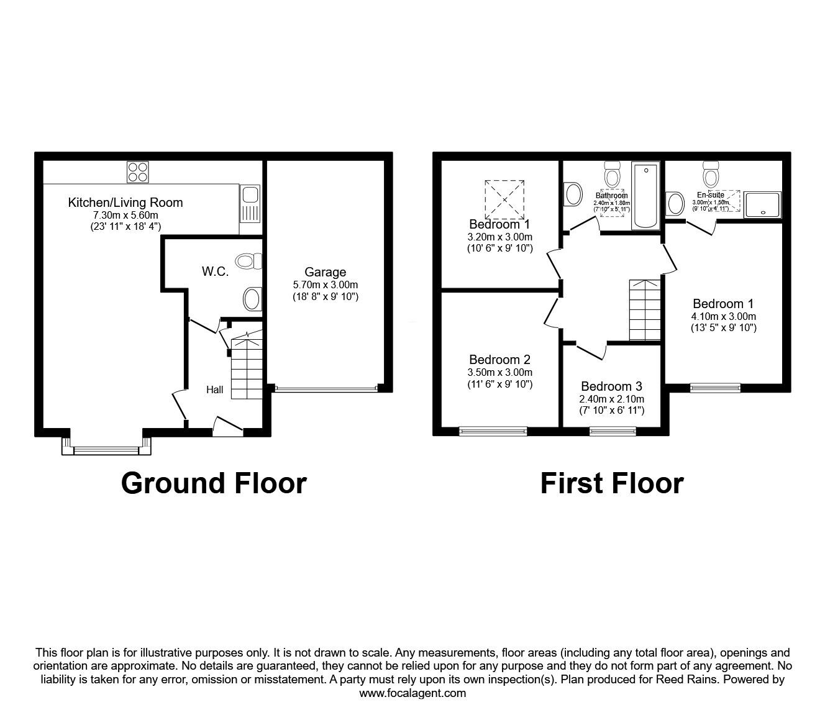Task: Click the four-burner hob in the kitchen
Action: click(x=137, y=171)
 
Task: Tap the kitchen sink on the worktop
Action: click(x=250, y=204)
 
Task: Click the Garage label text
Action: click(x=325, y=272)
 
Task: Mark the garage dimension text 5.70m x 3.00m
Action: click(x=325, y=285)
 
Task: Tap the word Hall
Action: click(x=215, y=389)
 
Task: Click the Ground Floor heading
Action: click(x=214, y=483)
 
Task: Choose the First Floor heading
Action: click(x=612, y=483)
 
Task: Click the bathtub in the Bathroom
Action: click(x=646, y=196)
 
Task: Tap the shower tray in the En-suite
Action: click(x=762, y=204)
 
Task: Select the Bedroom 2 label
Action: click(x=499, y=360)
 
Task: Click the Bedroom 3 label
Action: click(x=611, y=386)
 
